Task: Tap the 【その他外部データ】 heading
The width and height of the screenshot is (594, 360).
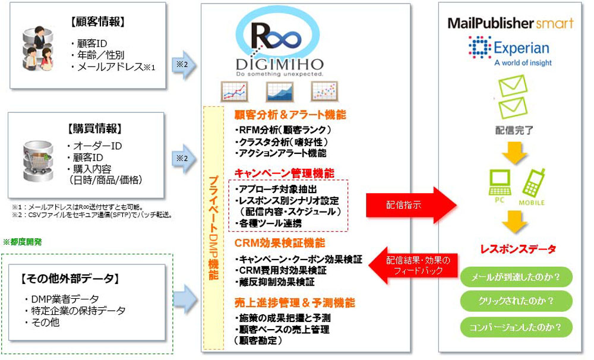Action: point(69,278)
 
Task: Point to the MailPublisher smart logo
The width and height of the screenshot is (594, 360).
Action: point(510,23)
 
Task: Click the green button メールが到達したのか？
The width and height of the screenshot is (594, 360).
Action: point(516,277)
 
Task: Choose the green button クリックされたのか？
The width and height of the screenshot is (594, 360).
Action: point(516,301)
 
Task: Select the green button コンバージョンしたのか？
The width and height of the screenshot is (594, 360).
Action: point(516,326)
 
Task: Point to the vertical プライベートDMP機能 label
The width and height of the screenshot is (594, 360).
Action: point(213,229)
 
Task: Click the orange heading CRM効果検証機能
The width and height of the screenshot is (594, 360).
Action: point(280,243)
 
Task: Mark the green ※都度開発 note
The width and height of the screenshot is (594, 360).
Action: point(23,242)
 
